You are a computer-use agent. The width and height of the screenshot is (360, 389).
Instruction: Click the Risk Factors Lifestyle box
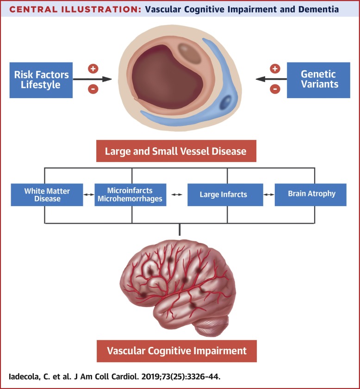41,80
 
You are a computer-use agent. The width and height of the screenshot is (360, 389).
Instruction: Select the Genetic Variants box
318,80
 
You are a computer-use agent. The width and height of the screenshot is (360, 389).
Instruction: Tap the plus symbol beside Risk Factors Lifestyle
93,69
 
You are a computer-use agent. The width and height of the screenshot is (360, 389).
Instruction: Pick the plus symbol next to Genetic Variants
275,69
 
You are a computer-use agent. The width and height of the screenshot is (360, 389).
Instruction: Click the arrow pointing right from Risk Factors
93,79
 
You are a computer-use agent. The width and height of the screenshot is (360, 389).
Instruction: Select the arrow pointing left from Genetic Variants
271,79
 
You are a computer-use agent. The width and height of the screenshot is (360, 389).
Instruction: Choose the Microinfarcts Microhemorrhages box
130,195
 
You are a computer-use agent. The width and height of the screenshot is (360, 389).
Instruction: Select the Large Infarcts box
223,195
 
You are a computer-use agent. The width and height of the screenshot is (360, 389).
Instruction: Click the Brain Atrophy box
310,194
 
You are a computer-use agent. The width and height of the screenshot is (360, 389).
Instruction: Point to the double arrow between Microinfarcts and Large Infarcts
176,195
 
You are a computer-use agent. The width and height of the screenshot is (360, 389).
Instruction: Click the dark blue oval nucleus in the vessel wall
227,102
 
